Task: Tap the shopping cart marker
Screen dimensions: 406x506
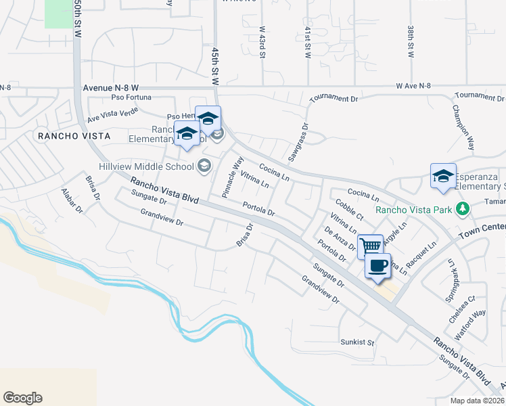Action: click(x=370, y=246)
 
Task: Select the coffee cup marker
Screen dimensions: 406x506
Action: click(x=378, y=265)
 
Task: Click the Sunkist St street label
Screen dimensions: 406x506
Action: click(x=357, y=342)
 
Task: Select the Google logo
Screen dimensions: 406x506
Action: click(x=22, y=398)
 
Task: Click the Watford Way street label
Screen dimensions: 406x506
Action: click(x=471, y=323)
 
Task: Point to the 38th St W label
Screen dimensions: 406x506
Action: click(x=411, y=43)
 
